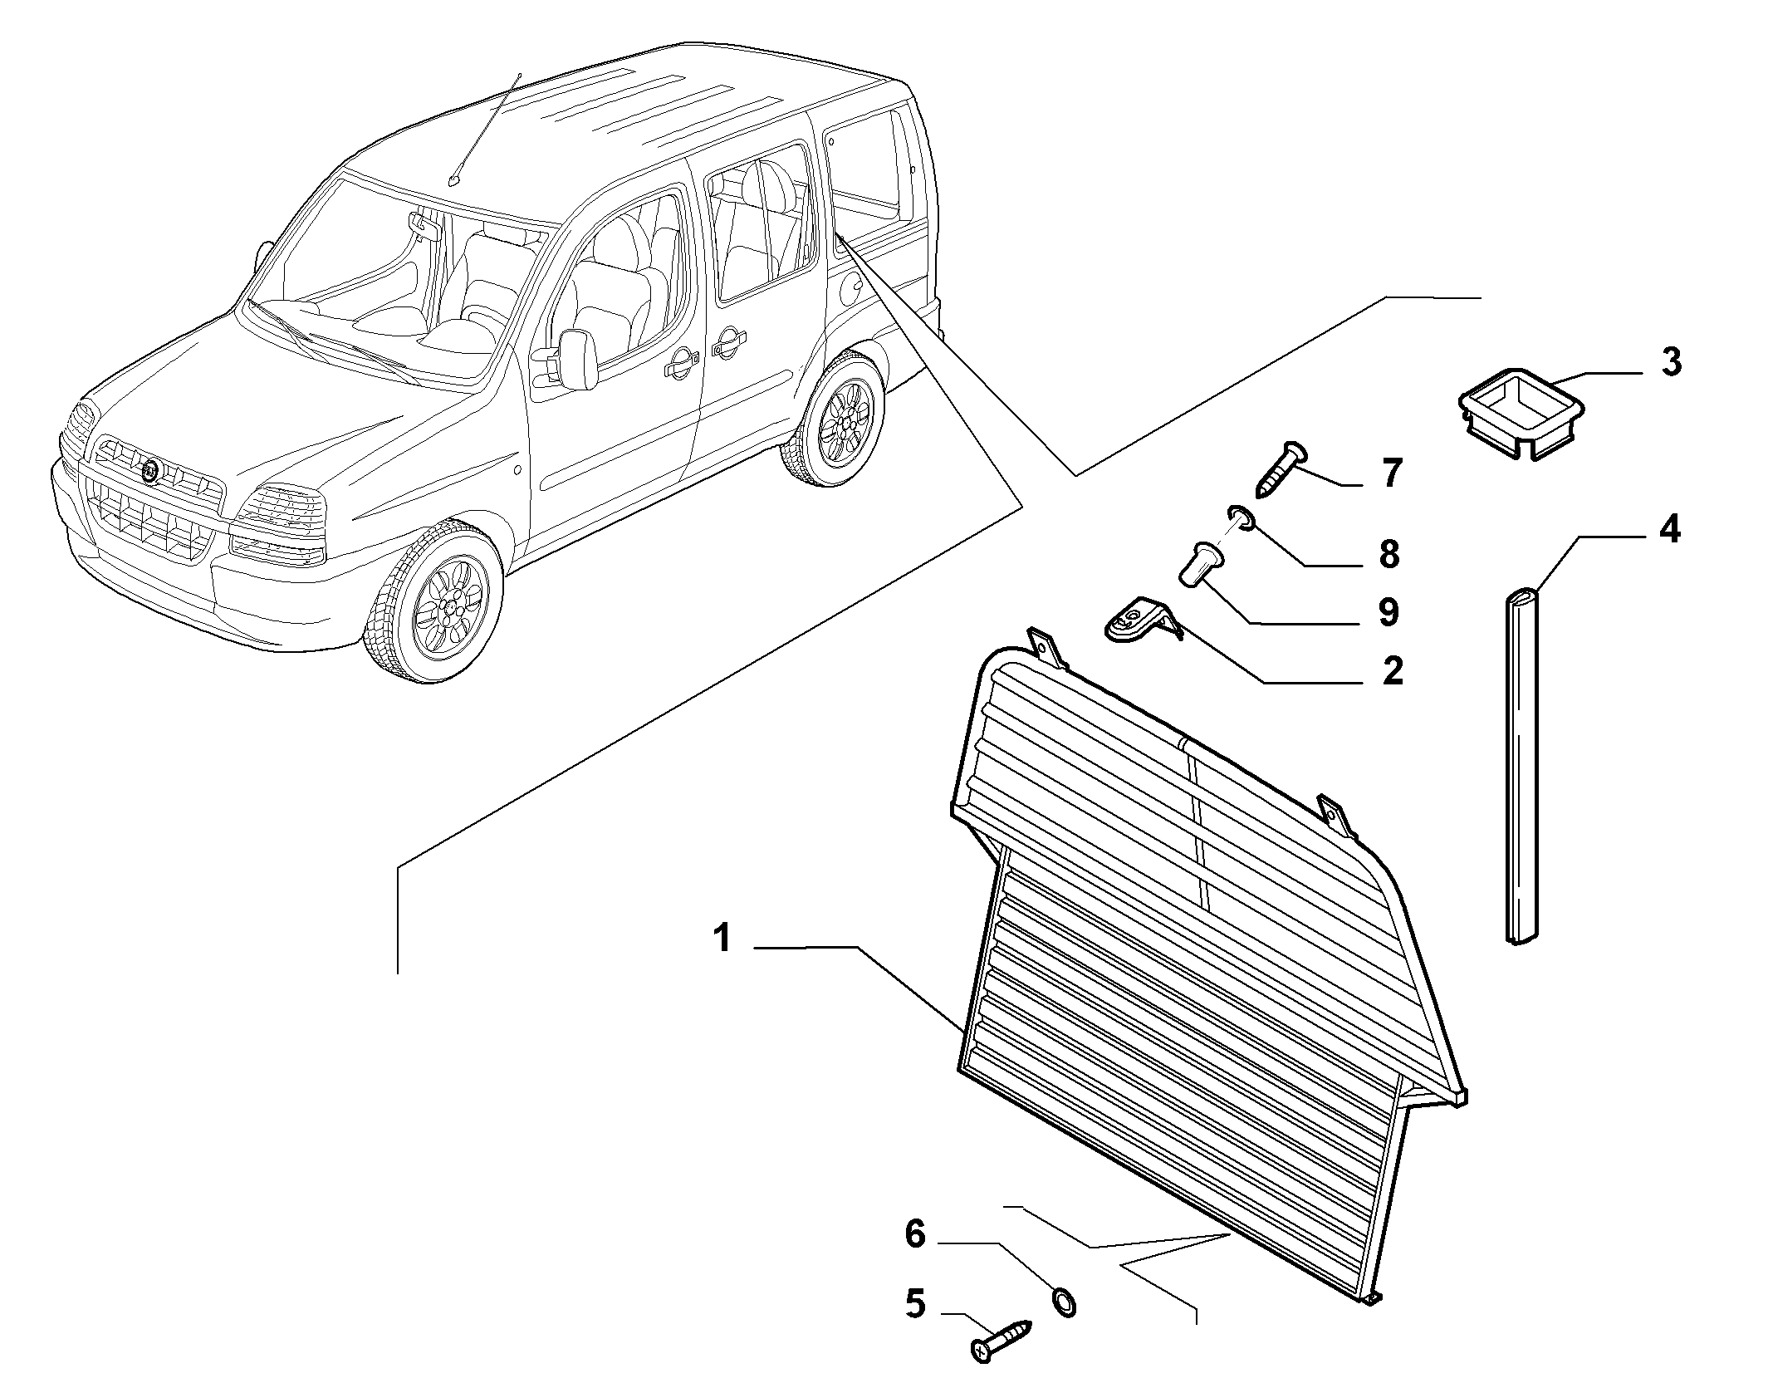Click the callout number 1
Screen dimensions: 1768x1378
coord(722,939)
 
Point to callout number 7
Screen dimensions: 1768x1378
coord(1390,473)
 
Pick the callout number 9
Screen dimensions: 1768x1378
coord(1388,612)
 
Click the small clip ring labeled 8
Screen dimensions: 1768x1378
coord(1240,519)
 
